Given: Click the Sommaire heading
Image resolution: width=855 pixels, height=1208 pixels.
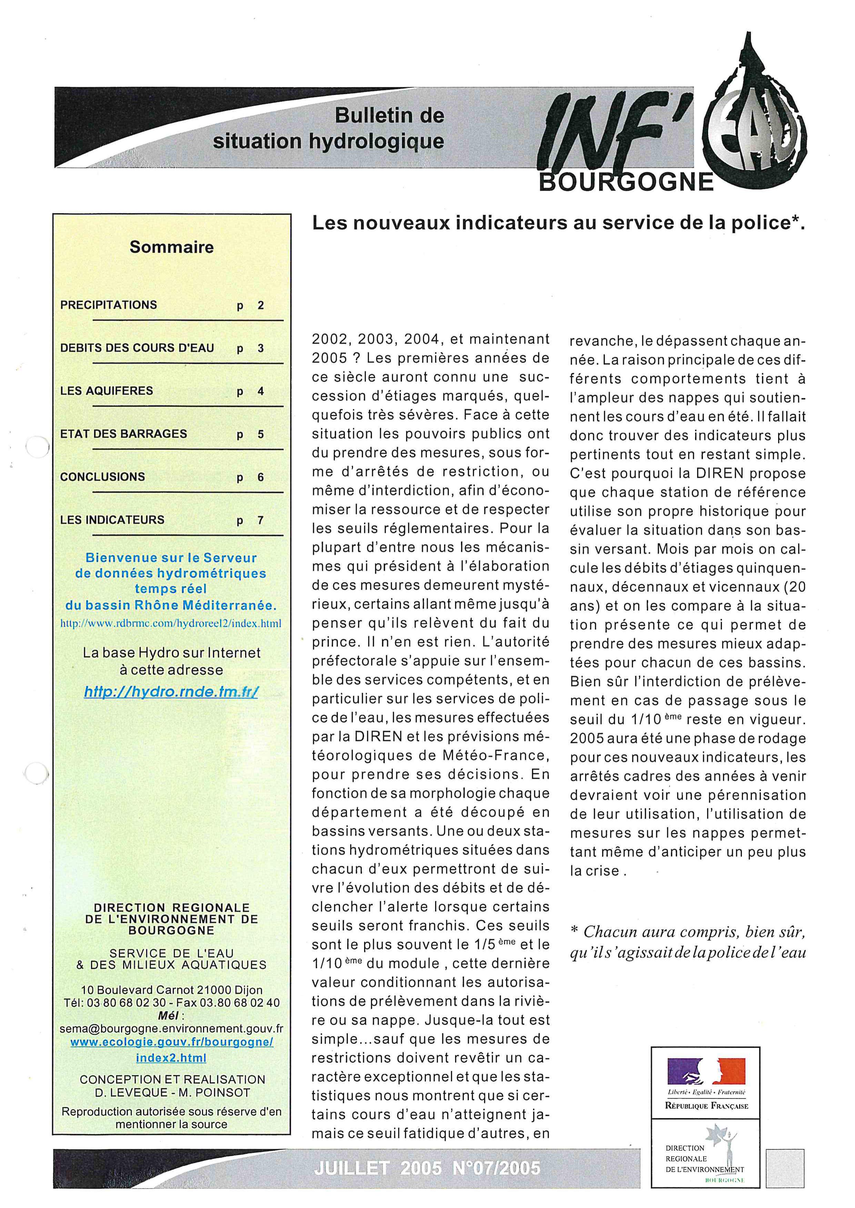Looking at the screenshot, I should tap(172, 247).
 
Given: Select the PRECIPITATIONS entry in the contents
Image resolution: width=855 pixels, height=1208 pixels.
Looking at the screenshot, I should tap(109, 305).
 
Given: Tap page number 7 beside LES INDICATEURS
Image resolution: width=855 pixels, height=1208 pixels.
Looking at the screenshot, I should tap(260, 520).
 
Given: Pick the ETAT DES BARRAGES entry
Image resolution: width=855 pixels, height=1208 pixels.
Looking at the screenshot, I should tap(124, 434).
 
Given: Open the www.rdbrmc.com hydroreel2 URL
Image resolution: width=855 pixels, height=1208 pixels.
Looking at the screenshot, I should tap(171, 623).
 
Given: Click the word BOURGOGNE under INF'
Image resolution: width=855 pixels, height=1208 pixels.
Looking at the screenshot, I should tap(626, 183).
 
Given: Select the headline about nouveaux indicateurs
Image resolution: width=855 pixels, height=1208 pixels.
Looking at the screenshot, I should tap(559, 223).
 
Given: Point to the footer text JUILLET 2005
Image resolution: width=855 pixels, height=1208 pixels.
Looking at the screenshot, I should tap(378, 1168).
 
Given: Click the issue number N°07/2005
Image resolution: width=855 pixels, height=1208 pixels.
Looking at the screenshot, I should tap(496, 1168).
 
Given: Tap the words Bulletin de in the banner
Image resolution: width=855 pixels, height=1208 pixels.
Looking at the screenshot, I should tap(390, 116).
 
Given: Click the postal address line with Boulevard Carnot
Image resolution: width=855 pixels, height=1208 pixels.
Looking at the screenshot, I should tap(172, 990).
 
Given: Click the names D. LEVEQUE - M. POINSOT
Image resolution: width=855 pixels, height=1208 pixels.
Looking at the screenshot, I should tap(172, 1092).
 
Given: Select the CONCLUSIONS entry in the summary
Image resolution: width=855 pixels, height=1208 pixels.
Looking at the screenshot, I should tap(103, 477).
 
